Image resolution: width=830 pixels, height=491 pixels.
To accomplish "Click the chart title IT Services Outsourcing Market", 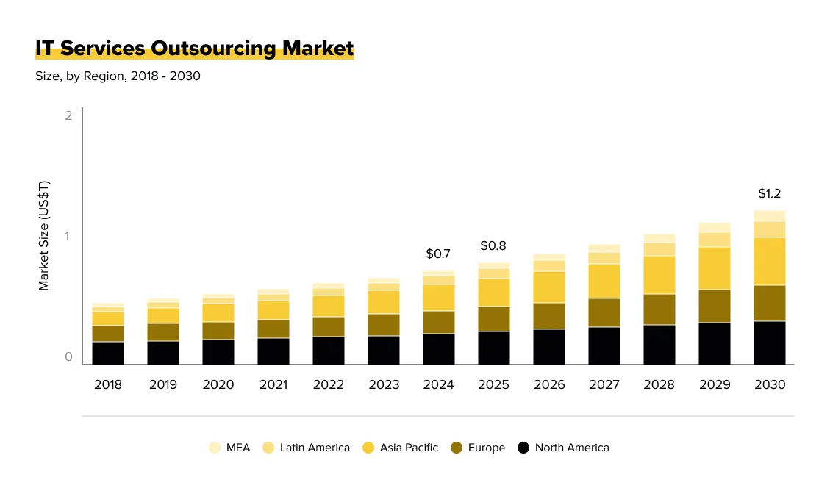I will point(195,49).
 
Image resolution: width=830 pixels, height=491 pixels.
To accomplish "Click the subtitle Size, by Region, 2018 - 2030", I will point(118,76).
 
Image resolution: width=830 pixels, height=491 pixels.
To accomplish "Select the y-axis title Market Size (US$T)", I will point(44,235).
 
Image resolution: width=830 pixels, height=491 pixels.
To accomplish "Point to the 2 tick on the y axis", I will point(68,116).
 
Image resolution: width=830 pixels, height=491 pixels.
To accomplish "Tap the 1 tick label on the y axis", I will point(68,237).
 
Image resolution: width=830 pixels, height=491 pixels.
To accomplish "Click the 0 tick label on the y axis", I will point(68,357).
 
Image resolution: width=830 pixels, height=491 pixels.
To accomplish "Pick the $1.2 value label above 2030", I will point(769,194).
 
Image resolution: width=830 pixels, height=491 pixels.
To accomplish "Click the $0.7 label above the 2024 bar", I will point(438,254).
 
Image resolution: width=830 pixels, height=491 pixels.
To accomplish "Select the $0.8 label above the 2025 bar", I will point(493,246).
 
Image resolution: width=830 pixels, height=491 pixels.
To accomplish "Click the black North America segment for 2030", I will point(769,343).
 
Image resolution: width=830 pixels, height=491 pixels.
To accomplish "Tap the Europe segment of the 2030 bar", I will point(769,303).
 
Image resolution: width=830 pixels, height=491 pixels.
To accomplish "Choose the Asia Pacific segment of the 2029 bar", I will point(714,268).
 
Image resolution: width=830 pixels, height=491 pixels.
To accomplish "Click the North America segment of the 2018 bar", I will point(107,353).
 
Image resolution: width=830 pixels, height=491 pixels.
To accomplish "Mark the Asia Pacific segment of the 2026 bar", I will point(548,287).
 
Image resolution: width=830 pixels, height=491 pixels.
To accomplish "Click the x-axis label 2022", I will point(328,384).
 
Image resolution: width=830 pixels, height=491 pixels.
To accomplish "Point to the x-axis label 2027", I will point(604,384).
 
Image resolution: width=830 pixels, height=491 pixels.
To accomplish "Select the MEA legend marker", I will point(215,448).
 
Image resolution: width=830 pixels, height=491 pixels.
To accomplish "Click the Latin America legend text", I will point(315,448).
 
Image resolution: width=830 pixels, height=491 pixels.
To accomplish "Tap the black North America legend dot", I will point(523,448).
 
